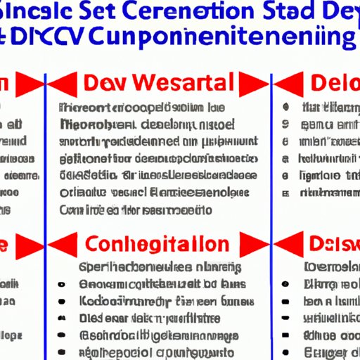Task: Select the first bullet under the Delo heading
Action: tap(286, 108)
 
